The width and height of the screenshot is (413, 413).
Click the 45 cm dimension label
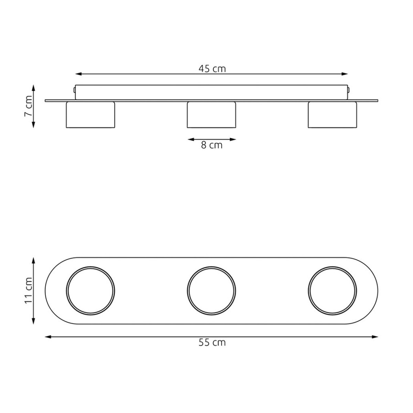(x=212, y=69)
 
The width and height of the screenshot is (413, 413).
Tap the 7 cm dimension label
(x=28, y=106)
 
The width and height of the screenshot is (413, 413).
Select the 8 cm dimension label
(x=212, y=145)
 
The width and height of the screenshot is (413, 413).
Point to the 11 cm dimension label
(x=28, y=290)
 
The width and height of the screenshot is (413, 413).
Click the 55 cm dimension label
(x=212, y=342)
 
